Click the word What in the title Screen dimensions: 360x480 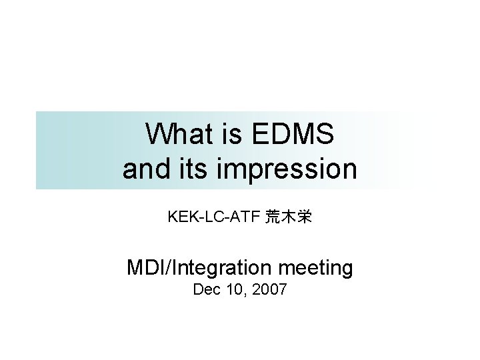[x=175, y=135]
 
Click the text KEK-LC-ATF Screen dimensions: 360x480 [x=213, y=217]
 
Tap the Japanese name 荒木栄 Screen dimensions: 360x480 [x=288, y=217]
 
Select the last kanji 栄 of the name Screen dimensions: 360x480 [x=304, y=217]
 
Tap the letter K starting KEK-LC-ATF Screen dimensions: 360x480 [x=173, y=217]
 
